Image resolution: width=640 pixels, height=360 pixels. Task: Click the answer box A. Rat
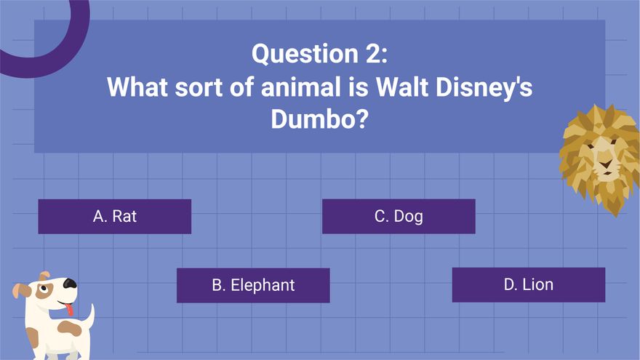pos(115,216)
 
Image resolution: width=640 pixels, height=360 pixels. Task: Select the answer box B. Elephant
pos(253,285)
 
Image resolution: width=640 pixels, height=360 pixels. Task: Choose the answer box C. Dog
pos(399,216)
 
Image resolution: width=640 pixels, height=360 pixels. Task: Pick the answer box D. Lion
pos(529,285)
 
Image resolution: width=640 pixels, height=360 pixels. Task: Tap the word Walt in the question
pos(401,87)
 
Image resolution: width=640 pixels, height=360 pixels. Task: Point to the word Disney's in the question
pos(484,88)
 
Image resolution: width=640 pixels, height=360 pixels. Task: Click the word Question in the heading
pos(305,55)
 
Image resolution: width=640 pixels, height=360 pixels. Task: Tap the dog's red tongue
pos(70,309)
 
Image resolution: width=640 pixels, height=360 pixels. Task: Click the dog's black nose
pos(70,283)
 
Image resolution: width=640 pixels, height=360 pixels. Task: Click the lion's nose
pos(605,164)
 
